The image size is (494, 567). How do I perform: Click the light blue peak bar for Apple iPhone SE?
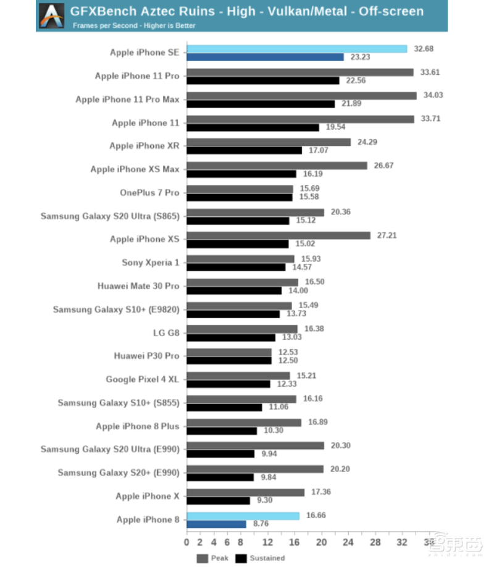pos(296,49)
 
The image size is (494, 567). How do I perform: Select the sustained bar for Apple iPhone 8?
pos(216,524)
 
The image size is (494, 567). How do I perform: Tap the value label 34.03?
pos(433,95)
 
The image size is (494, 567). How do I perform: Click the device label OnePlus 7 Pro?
pos(149,193)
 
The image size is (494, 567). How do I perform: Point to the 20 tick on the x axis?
pos(321,542)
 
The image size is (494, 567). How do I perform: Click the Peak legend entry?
pos(213,558)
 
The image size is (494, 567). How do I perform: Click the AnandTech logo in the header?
pos(52,15)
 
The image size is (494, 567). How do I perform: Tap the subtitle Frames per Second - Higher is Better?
pos(134,25)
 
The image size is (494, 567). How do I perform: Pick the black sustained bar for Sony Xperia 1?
pos(236,267)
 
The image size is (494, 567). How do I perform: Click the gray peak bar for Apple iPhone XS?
pos(278,235)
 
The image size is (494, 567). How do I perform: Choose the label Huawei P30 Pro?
pos(146,356)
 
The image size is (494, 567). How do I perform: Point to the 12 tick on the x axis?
pos(267,542)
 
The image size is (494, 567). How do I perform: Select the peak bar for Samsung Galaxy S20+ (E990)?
pos(254,469)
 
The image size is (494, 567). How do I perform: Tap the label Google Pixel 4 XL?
pos(142,379)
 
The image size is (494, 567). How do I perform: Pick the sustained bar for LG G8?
pos(230,338)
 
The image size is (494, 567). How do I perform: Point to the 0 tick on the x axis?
pos(187,542)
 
